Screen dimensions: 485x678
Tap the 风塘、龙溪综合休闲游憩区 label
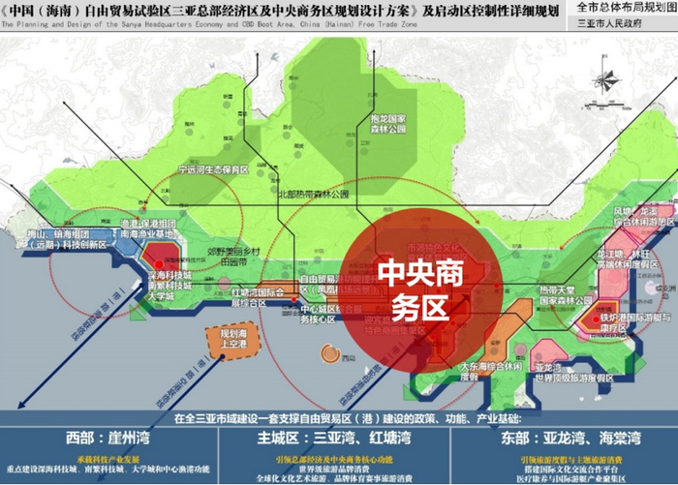pos(638,216)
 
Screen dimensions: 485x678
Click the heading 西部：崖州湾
pos(104,438)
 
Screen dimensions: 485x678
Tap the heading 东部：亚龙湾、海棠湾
pos(575,438)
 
